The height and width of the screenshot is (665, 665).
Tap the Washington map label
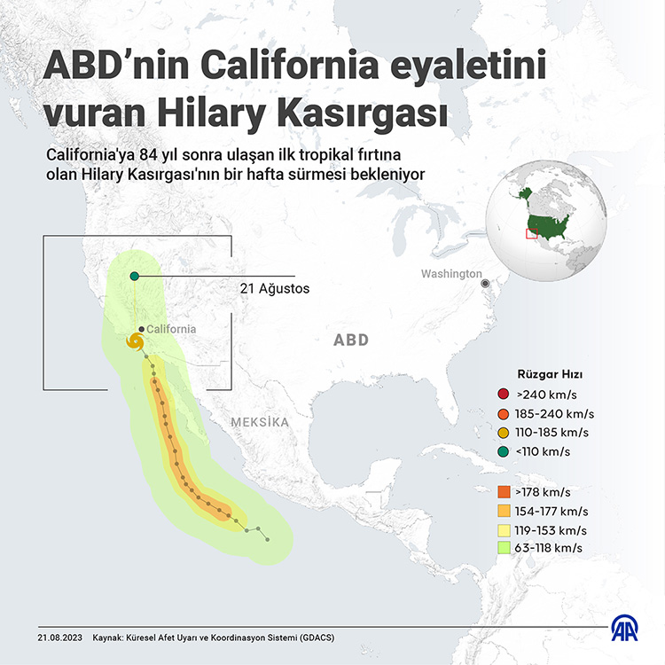[451, 274]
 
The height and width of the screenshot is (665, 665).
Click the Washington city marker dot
[486, 283]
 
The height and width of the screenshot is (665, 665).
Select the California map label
[171, 329]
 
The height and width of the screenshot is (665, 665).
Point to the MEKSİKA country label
[260, 422]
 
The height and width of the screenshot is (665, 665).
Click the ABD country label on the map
[351, 340]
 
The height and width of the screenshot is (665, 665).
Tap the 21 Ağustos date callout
[275, 289]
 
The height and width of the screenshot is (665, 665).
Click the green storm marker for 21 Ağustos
[134, 277]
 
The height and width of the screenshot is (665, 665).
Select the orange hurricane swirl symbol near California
[136, 341]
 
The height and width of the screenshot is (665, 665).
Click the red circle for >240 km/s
[504, 395]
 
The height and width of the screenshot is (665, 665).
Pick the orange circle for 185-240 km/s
[504, 414]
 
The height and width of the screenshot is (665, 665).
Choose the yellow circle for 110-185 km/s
[504, 433]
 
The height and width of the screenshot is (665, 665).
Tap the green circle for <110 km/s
[504, 452]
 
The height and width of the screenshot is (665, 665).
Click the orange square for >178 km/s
[504, 492]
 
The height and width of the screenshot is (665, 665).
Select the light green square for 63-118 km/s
[504, 548]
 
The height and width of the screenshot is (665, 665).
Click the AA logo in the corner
[626, 629]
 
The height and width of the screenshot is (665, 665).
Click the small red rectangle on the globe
[531, 234]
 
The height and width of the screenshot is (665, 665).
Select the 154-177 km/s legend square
[504, 511]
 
